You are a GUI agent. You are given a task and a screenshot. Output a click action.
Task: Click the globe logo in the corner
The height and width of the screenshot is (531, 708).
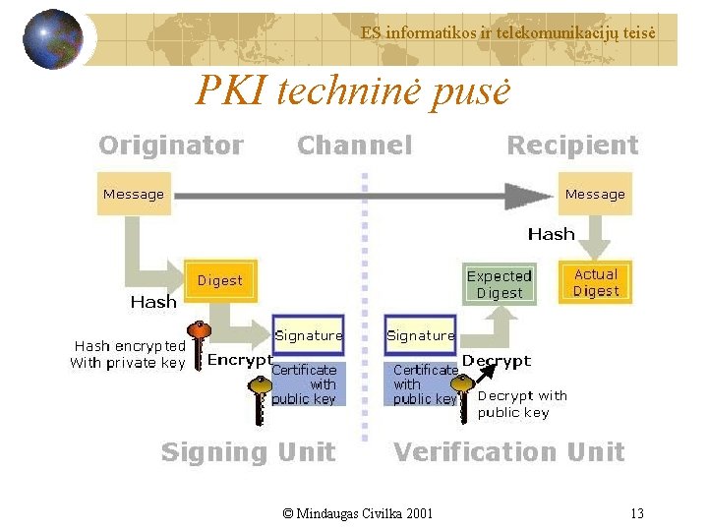(x=52, y=38)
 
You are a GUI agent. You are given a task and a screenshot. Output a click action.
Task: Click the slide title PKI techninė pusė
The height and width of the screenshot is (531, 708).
(x=353, y=91)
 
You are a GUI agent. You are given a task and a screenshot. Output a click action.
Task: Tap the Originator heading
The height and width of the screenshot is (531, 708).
(x=171, y=146)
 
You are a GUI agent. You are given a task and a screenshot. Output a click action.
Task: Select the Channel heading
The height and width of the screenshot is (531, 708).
(x=354, y=146)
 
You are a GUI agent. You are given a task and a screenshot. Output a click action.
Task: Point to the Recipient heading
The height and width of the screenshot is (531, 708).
(x=572, y=146)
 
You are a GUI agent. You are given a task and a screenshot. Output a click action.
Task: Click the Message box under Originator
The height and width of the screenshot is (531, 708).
(x=134, y=194)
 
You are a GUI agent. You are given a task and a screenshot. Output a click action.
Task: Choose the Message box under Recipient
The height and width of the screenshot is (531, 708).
(x=595, y=194)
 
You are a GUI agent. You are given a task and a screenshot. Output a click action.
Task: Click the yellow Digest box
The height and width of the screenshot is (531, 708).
(x=220, y=280)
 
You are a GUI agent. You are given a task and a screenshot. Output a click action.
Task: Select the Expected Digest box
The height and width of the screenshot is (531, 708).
(x=500, y=284)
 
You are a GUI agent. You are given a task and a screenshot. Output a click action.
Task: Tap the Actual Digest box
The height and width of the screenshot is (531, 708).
(x=596, y=282)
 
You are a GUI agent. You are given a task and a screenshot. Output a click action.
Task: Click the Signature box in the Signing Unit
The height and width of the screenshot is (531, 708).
(x=309, y=335)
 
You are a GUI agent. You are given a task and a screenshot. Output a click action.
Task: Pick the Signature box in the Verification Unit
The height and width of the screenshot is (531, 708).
(x=421, y=335)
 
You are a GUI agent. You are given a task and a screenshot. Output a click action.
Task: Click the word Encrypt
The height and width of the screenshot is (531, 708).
(x=240, y=361)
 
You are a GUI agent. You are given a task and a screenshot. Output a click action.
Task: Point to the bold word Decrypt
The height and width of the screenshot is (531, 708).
(x=497, y=361)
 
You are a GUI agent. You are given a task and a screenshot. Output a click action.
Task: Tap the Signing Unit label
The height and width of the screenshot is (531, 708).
(x=248, y=452)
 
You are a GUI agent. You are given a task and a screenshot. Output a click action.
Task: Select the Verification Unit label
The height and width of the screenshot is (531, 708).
(x=508, y=452)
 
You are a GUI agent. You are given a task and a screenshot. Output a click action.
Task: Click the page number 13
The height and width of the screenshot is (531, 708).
(x=637, y=513)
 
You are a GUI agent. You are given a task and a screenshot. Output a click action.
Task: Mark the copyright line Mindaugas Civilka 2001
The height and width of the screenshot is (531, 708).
(x=357, y=513)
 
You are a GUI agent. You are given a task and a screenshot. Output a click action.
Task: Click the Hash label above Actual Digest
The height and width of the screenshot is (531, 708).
(x=551, y=234)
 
